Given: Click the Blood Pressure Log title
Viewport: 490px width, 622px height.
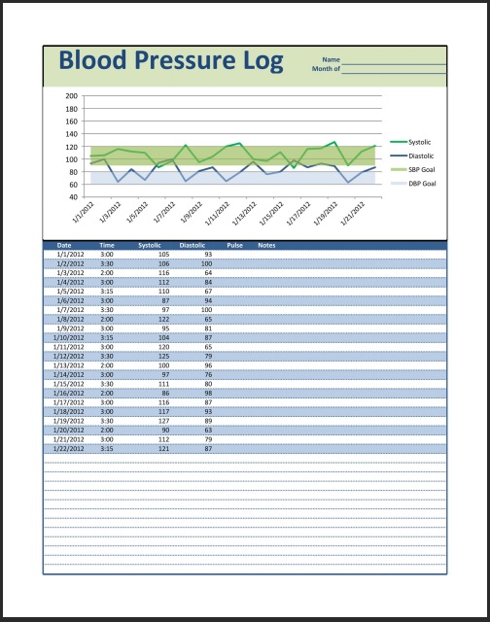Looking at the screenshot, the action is (170, 60).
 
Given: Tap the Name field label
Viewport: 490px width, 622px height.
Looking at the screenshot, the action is (331, 61).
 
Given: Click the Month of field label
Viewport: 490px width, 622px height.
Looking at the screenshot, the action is (325, 71).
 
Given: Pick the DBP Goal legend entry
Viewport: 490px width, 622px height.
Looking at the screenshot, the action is (421, 183).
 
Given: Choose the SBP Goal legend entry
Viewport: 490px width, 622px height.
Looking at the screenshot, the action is (421, 169).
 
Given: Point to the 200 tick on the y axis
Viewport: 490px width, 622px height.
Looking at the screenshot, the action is (71, 96).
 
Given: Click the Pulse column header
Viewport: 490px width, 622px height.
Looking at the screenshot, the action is (234, 245).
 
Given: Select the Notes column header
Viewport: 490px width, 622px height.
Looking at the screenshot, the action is (266, 245).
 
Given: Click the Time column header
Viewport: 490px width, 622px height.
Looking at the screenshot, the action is (107, 245).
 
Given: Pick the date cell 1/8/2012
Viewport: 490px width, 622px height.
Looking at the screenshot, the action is (70, 319).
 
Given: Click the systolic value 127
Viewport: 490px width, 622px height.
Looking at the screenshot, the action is (163, 420).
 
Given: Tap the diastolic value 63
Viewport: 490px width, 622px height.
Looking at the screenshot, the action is (207, 429).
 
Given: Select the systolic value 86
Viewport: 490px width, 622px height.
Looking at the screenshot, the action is (164, 392).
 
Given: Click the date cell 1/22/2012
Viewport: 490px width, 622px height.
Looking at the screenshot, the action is (70, 447).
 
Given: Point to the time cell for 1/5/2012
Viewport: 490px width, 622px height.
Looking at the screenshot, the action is (107, 291).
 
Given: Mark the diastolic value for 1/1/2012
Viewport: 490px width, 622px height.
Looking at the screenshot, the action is (207, 254).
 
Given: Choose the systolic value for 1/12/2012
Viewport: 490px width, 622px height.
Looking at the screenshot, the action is (163, 355).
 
